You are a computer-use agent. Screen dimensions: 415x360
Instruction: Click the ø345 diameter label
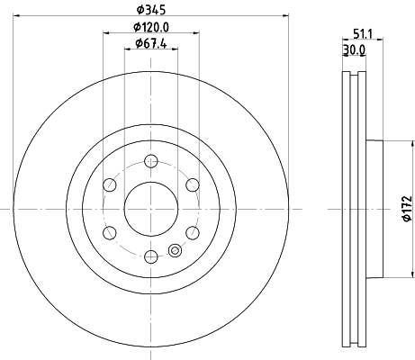point(151,10)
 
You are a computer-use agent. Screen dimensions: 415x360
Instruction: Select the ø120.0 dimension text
point(151,27)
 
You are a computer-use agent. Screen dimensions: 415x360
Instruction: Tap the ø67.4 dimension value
point(151,43)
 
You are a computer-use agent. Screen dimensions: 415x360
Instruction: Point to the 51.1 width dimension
point(363,34)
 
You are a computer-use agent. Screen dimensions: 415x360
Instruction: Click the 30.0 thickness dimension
point(354,49)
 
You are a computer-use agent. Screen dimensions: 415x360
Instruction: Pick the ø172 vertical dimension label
point(407,209)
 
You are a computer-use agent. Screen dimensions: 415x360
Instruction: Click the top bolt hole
point(151,161)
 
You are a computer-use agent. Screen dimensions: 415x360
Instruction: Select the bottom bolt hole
point(151,256)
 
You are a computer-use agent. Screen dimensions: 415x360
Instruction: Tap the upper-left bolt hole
point(110,184)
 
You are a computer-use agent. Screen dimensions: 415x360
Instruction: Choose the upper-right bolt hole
point(193,184)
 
